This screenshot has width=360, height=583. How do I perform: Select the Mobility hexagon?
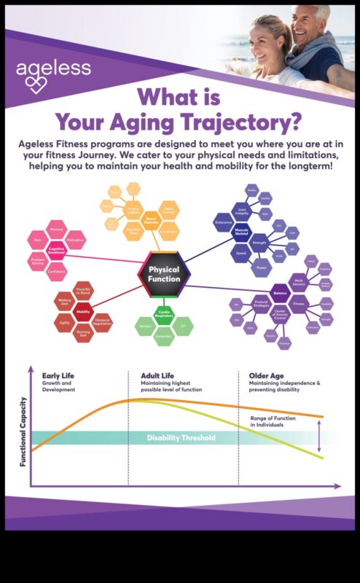(x=83, y=312)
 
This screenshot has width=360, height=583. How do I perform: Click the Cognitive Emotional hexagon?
(x=57, y=249)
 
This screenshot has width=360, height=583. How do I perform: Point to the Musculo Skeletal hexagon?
(x=241, y=230)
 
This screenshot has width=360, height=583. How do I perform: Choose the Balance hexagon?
(x=280, y=293)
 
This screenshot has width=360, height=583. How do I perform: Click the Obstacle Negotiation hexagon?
(x=103, y=323)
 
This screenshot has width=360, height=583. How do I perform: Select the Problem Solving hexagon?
(x=38, y=260)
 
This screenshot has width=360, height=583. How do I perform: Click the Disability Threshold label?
(x=181, y=438)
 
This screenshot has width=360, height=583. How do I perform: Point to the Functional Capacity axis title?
(x=23, y=431)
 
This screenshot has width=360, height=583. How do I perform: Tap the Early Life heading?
(x=58, y=376)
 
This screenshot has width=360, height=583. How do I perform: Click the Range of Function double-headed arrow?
(x=319, y=436)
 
